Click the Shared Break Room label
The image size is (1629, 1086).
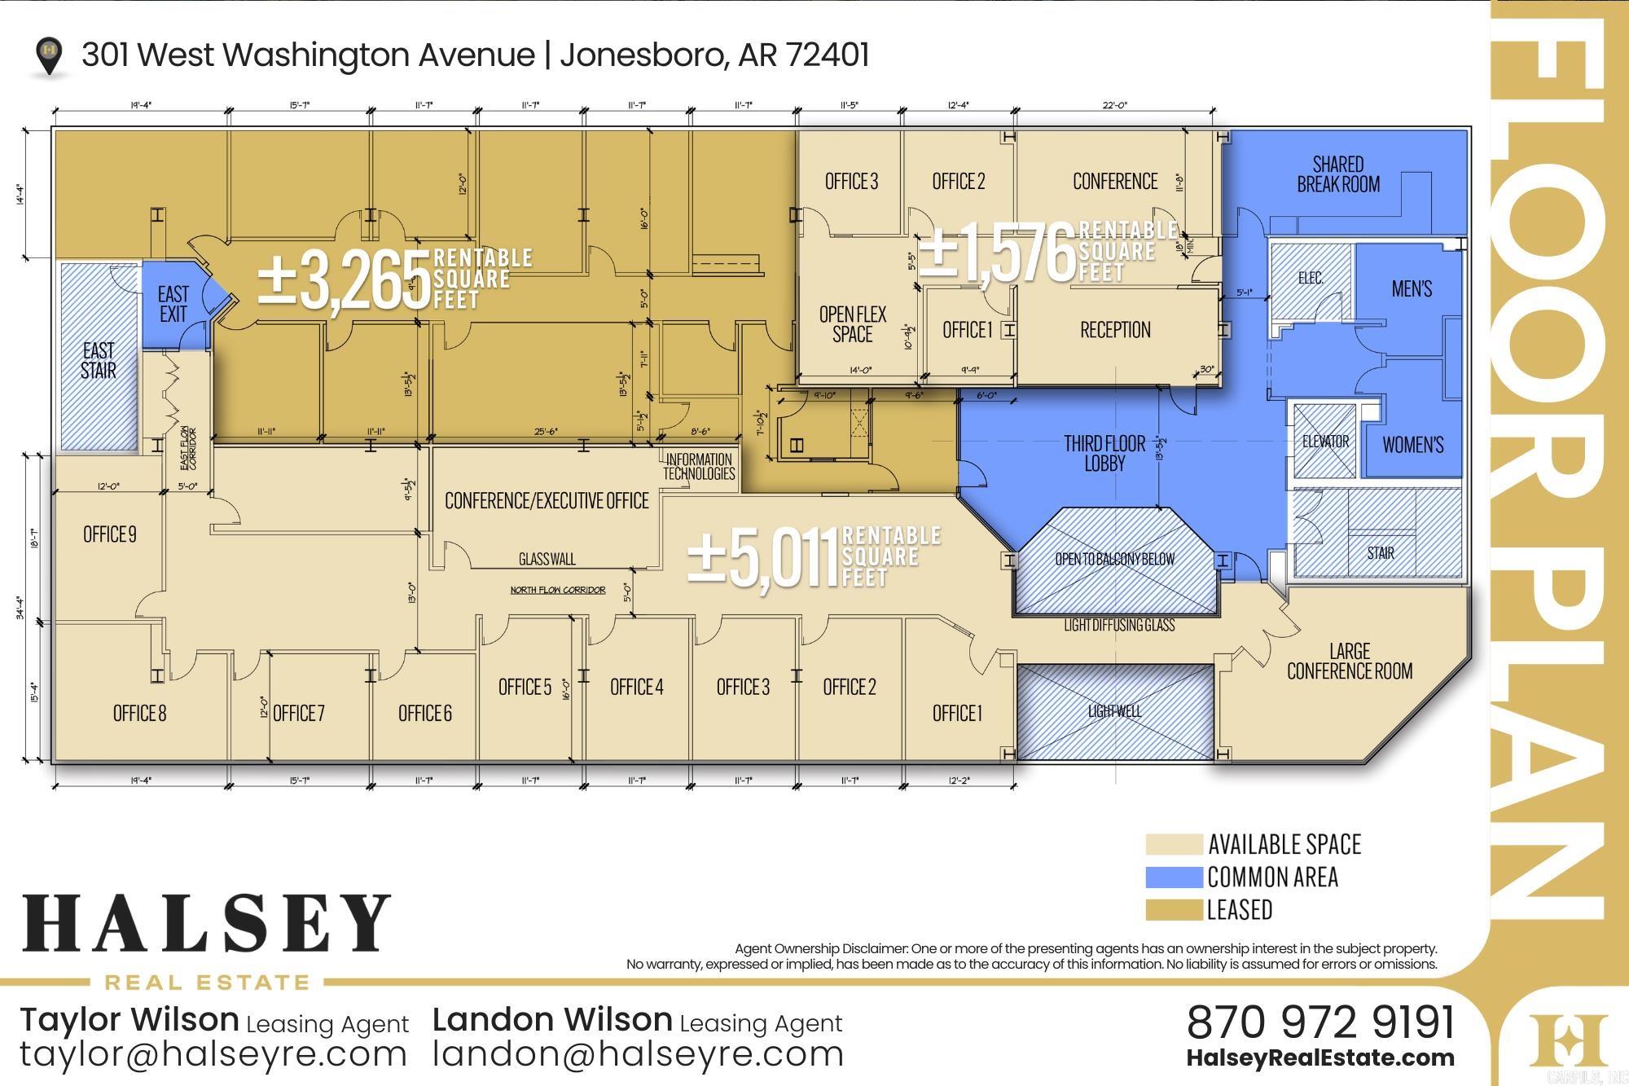point(1338,174)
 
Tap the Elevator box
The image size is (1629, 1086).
point(1325,442)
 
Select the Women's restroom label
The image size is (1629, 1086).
point(1412,445)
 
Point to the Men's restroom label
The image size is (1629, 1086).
point(1412,288)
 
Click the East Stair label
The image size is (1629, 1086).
point(99,360)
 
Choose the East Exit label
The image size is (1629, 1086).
point(173,304)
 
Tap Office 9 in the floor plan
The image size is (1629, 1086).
point(110,534)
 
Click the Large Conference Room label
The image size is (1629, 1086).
point(1349,661)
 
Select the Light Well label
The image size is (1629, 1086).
point(1114,711)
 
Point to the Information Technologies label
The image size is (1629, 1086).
point(699,467)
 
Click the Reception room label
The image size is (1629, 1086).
point(1115,330)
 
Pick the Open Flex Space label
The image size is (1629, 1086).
point(852,324)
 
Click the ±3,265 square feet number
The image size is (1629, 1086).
point(345,281)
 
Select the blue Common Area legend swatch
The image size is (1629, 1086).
point(1173,877)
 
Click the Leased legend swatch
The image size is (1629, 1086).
point(1173,910)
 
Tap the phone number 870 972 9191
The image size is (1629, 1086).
point(1320,1022)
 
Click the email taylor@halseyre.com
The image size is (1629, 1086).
point(213,1054)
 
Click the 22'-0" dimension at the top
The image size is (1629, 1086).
point(1114,105)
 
